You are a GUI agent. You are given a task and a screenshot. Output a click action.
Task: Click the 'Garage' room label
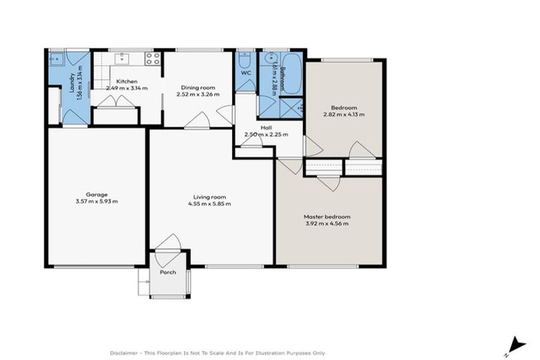(x=96, y=194)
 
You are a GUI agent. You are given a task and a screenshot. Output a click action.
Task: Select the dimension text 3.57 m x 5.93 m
(x=96, y=201)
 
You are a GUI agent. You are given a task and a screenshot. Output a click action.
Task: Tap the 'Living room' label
(x=209, y=197)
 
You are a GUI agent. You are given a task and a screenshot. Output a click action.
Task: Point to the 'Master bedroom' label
(x=327, y=217)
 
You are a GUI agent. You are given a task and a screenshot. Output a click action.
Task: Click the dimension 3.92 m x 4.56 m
(x=327, y=224)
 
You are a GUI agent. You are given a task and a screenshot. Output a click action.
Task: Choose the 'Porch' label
(x=167, y=272)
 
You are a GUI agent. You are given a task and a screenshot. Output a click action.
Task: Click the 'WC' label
(x=245, y=73)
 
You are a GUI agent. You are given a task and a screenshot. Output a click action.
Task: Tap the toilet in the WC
(x=245, y=58)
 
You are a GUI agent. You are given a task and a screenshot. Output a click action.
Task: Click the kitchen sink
(x=122, y=57)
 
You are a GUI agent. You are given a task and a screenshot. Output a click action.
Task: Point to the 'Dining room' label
(x=197, y=87)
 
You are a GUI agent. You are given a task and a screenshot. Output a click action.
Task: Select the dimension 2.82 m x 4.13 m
(x=344, y=114)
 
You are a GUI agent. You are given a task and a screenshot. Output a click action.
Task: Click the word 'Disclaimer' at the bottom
(x=124, y=352)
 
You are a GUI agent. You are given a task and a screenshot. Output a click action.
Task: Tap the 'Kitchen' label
(x=127, y=82)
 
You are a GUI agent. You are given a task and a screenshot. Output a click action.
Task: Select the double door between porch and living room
(x=168, y=243)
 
